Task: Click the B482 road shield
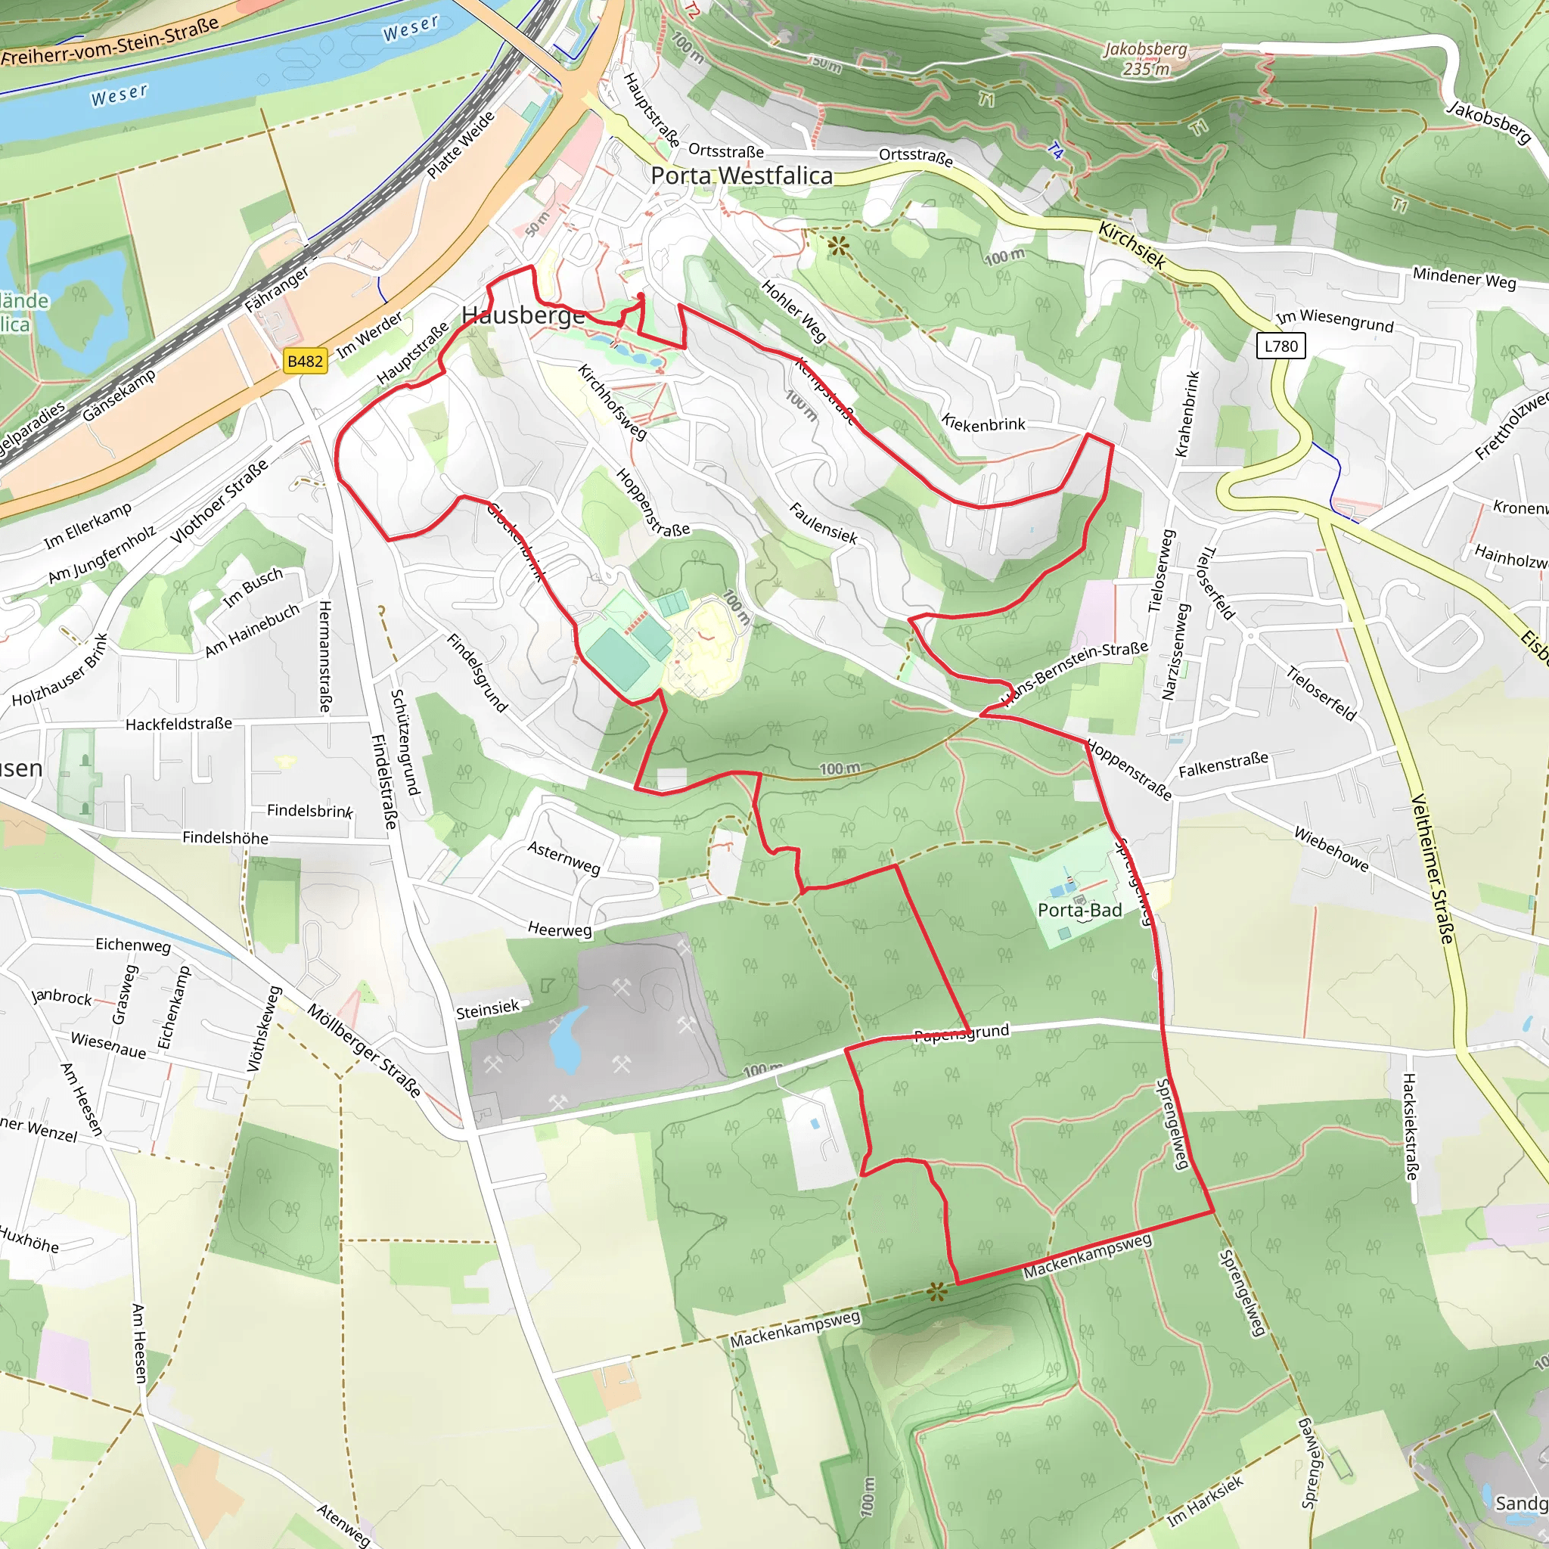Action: coord(305,361)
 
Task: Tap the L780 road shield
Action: coord(1280,346)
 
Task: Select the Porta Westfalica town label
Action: coord(742,175)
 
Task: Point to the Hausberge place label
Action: coord(523,315)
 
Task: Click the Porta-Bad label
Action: coord(1079,910)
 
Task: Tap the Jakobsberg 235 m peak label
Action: coord(1146,58)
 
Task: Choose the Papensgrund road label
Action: coord(961,1033)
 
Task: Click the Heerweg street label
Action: coord(560,930)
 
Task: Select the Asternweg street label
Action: coord(563,858)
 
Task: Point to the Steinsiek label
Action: coord(488,1009)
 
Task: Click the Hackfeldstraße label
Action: coord(178,724)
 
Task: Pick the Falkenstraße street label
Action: coord(1223,764)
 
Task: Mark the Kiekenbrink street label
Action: coord(983,423)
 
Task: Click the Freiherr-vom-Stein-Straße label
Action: coord(110,41)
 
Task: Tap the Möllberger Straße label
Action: coord(364,1051)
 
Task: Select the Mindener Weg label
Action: coord(1464,278)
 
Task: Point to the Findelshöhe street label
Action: coord(225,838)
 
